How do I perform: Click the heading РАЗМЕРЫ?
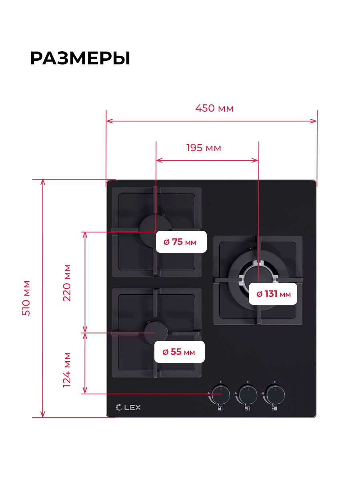click(x=80, y=58)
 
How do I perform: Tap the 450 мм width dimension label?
click(x=214, y=108)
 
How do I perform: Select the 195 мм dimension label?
click(x=204, y=148)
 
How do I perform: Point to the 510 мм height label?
click(x=26, y=298)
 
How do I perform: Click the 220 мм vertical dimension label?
click(x=67, y=283)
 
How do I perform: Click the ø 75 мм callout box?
click(x=181, y=242)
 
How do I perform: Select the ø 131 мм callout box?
click(x=273, y=294)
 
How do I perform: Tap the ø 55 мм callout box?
click(x=180, y=352)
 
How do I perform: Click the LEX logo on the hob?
click(x=128, y=407)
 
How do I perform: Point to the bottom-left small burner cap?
click(x=156, y=333)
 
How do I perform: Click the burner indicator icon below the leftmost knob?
click(x=220, y=408)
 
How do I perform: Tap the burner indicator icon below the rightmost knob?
click(x=274, y=408)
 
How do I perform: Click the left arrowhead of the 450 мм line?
click(x=109, y=121)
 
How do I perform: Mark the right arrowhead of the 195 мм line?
click(x=255, y=160)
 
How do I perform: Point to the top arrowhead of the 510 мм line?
click(x=43, y=182)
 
